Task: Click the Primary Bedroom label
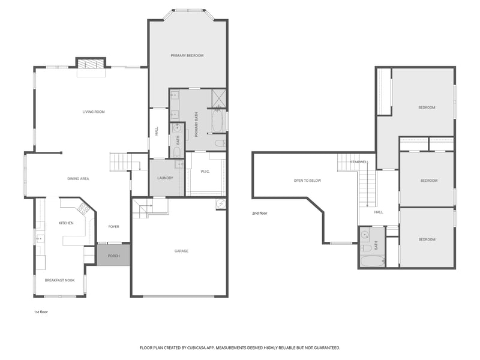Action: (x=187, y=55)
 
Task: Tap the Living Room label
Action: (x=94, y=112)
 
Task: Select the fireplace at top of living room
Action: (x=91, y=63)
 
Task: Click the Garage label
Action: (x=181, y=251)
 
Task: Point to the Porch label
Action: (x=113, y=256)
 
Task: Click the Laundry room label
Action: (x=165, y=178)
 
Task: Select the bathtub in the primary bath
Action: (x=218, y=122)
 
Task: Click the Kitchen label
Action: (x=65, y=223)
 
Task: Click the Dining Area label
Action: (x=78, y=178)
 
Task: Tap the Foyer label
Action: (x=113, y=226)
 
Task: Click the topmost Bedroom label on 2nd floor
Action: (x=427, y=107)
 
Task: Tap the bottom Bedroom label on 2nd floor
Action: (x=427, y=239)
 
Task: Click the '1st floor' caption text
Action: (x=41, y=312)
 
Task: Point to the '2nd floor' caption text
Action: (x=260, y=213)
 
